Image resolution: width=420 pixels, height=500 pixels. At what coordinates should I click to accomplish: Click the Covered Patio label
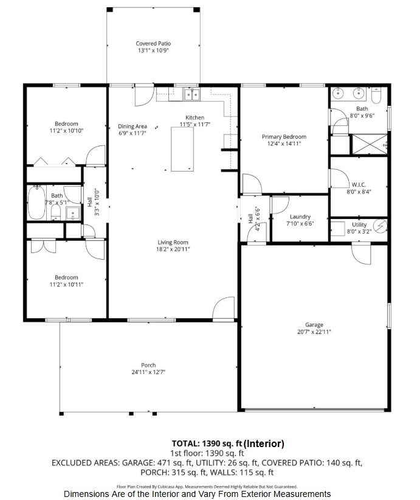pyautogui.click(x=153, y=43)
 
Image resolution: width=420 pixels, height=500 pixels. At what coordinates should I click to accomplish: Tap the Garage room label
pyautogui.click(x=314, y=325)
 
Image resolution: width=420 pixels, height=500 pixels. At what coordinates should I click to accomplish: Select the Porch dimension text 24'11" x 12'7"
pyautogui.click(x=148, y=372)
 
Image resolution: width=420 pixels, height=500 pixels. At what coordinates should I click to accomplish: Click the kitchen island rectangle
pyautogui.click(x=182, y=149)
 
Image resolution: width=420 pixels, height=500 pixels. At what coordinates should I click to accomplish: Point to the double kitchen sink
pyautogui.click(x=191, y=95)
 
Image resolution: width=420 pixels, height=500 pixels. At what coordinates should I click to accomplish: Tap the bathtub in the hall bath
pyautogui.click(x=36, y=203)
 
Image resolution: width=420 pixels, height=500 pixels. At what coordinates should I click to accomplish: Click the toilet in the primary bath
pyautogui.click(x=376, y=95)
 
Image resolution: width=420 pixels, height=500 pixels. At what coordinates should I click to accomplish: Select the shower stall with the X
pyautogui.click(x=370, y=144)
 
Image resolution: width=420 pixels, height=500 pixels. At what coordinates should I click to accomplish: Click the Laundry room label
pyautogui.click(x=300, y=217)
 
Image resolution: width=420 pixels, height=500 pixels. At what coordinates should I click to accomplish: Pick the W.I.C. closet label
pyautogui.click(x=359, y=185)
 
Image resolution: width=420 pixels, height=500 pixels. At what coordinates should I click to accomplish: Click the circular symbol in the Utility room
pyautogui.click(x=380, y=226)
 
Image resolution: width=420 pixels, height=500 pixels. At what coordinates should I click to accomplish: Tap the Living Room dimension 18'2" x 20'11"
pyautogui.click(x=173, y=249)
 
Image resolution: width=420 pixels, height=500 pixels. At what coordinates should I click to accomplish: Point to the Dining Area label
pyautogui.click(x=133, y=127)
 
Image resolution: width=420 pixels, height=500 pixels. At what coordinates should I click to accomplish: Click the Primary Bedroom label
pyautogui.click(x=284, y=136)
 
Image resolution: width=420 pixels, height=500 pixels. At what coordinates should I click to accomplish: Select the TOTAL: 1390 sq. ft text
pyautogui.click(x=207, y=443)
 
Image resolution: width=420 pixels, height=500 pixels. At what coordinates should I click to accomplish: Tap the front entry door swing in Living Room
pyautogui.click(x=224, y=308)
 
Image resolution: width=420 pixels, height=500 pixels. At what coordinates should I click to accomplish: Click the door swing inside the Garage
pyautogui.click(x=362, y=254)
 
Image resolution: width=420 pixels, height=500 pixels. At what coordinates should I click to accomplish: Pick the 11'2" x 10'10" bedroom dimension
pyautogui.click(x=66, y=130)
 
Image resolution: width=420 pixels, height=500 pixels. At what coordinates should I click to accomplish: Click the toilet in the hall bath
pyautogui.click(x=56, y=212)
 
